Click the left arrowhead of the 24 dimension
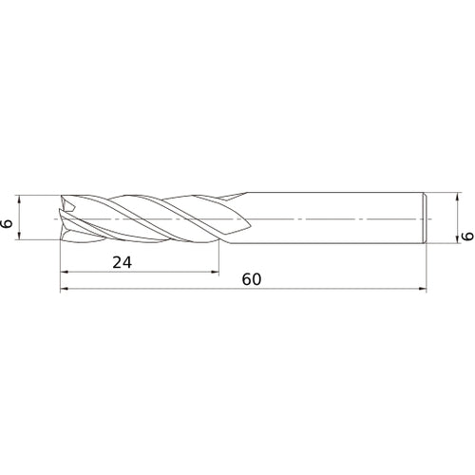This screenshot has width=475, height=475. pyautogui.click(x=66, y=272)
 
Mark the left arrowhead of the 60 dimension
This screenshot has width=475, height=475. pyautogui.click(x=66, y=290)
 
